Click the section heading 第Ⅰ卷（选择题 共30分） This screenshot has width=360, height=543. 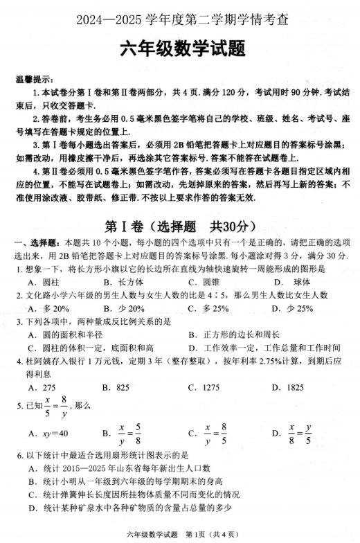tap(179, 227)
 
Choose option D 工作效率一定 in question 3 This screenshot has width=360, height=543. tap(264, 348)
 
